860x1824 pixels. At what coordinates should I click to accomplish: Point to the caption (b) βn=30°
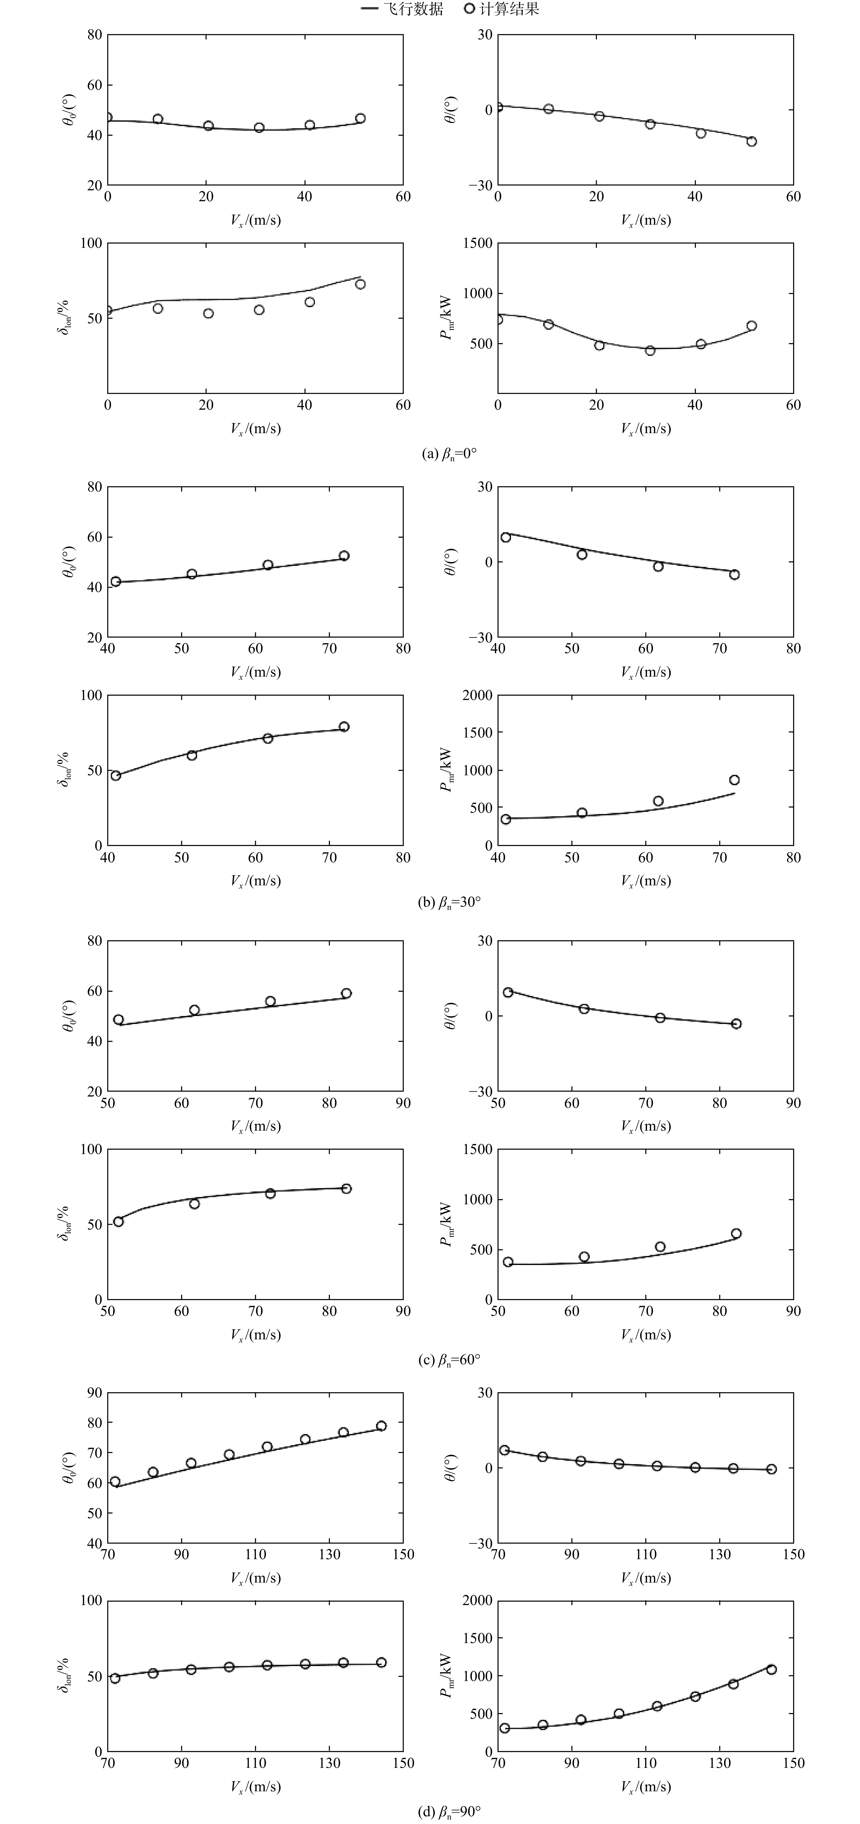pyautogui.click(x=449, y=902)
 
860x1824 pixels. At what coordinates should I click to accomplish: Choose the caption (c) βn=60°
pyautogui.click(x=449, y=1360)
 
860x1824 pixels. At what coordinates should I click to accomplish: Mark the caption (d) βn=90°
pyautogui.click(x=449, y=1811)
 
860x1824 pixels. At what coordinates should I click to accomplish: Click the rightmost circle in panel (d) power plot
pyautogui.click(x=771, y=1669)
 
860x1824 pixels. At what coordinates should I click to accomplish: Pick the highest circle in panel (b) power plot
pyautogui.click(x=734, y=780)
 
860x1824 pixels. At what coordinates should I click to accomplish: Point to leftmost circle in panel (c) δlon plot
pyautogui.click(x=118, y=1222)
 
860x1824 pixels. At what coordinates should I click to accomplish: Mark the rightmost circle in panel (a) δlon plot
pyautogui.click(x=360, y=284)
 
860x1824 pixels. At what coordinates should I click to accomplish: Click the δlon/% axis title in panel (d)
pyautogui.click(x=64, y=1675)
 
